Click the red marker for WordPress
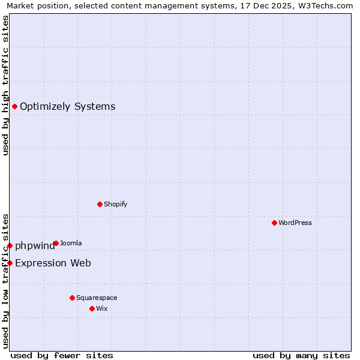coord(274,223)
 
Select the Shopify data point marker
coord(100,204)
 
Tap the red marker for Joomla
coord(56,243)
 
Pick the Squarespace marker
coord(72,298)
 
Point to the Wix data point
coord(92,308)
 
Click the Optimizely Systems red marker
coord(14,106)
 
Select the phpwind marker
coord(10,245)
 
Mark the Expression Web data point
coord(10,263)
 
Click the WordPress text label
coord(295,223)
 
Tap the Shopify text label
coord(116,204)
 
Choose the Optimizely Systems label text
coord(67,107)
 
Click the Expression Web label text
coord(53,263)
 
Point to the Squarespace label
coord(97,298)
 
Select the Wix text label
coord(101,308)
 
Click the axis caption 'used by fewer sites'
coord(62,355)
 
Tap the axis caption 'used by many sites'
coord(301,355)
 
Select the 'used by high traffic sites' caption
coord(6,85)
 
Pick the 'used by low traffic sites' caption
coord(6,280)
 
